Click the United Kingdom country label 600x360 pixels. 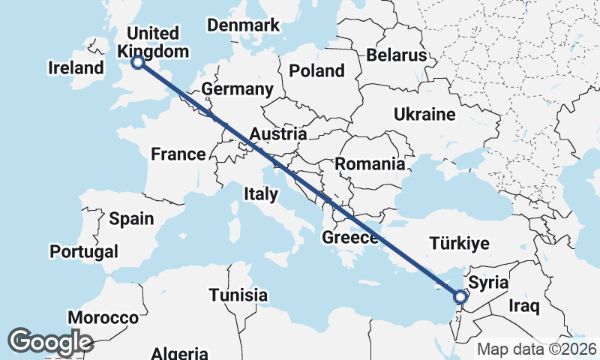pyautogui.click(x=153, y=43)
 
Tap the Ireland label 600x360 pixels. pyautogui.click(x=76, y=68)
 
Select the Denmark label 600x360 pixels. pyautogui.click(x=243, y=25)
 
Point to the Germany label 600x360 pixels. pyautogui.click(x=237, y=89)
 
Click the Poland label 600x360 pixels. pyautogui.click(x=316, y=71)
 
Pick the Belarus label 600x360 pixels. pyautogui.click(x=397, y=55)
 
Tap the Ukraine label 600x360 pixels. pyautogui.click(x=424, y=115)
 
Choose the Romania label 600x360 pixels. pyautogui.click(x=370, y=163)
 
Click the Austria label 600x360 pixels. pyautogui.click(x=278, y=134)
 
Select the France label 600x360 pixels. pyautogui.click(x=178, y=154)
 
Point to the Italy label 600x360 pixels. pyautogui.click(x=261, y=194)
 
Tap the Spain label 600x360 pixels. pyautogui.click(x=131, y=219)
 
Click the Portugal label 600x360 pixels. pyautogui.click(x=85, y=251)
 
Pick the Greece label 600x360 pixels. pyautogui.click(x=350, y=238)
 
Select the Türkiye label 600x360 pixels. pyautogui.click(x=459, y=244)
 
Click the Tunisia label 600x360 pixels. pyautogui.click(x=238, y=295)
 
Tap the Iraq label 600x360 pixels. pyautogui.click(x=524, y=306)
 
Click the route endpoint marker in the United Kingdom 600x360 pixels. pyautogui.click(x=138, y=63)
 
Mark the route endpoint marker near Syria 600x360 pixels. pyautogui.click(x=460, y=296)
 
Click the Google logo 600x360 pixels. pyautogui.click(x=50, y=342)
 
